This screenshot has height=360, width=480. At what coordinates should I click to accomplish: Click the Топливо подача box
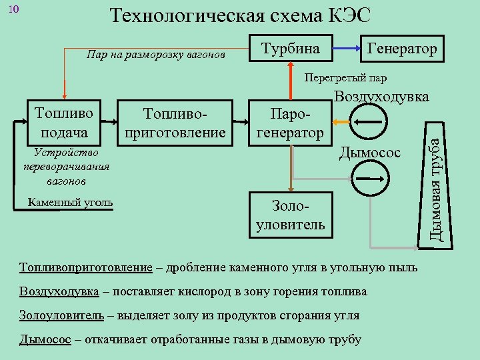[64, 123]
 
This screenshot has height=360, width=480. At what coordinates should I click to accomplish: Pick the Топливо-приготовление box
[176, 123]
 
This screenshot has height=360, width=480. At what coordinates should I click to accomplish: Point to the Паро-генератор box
[290, 123]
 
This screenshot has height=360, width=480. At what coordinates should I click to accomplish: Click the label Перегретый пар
[345, 77]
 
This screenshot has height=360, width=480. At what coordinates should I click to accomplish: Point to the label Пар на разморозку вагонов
[156, 53]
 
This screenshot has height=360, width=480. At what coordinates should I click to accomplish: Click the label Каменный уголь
[71, 203]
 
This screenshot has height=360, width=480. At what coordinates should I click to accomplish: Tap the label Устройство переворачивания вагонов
[65, 166]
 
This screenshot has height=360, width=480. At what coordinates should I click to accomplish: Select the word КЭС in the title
[346, 15]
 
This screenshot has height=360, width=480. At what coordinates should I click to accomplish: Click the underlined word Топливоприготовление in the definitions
[86, 268]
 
